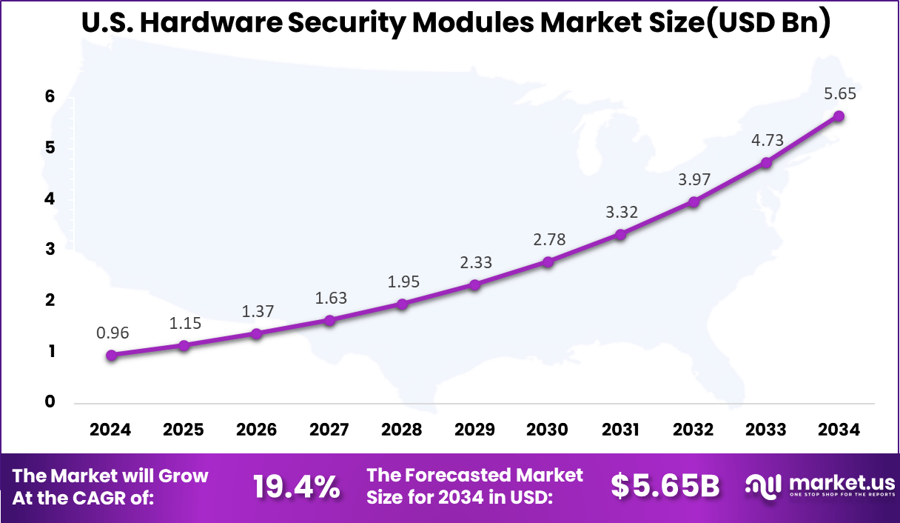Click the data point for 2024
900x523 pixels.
(111, 356)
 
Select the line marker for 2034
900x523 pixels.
(839, 116)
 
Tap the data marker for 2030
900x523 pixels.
(548, 261)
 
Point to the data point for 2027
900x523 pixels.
(329, 320)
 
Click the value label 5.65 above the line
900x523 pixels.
(841, 94)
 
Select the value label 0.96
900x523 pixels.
(113, 333)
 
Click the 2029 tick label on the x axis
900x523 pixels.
(474, 430)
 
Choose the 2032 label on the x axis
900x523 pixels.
(693, 430)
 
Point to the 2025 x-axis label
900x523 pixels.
(184, 430)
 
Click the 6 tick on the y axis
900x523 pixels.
(50, 97)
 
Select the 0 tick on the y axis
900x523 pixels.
(50, 402)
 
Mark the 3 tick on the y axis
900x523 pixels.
(50, 250)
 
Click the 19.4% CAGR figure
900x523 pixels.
(296, 487)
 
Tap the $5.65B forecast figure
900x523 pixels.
(665, 486)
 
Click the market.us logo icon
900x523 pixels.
(763, 486)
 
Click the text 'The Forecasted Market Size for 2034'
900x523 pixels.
(474, 486)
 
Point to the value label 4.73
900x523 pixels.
(768, 141)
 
